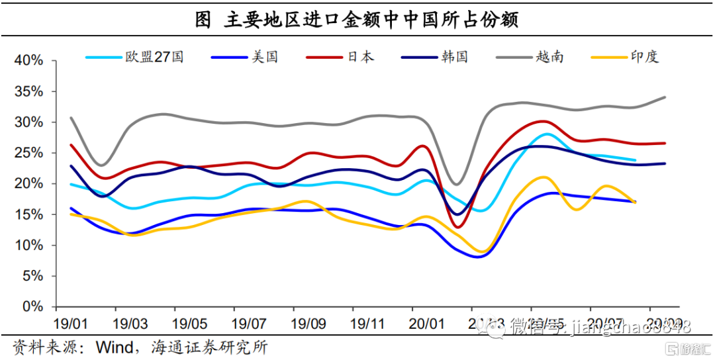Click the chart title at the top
coord(357,19)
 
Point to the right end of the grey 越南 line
coord(665,97)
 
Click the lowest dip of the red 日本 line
coord(459,227)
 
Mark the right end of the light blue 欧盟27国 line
coord(636,160)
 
